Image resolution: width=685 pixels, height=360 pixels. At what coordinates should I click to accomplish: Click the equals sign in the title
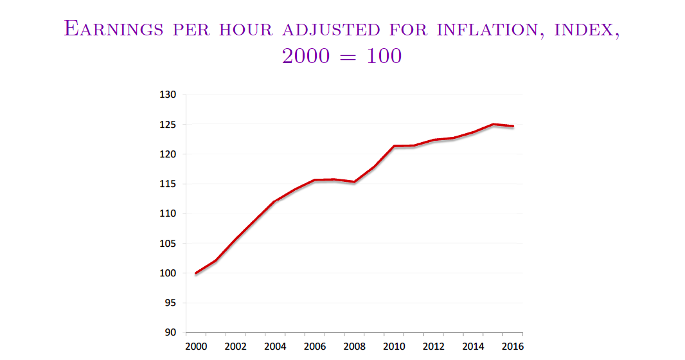click(x=342, y=57)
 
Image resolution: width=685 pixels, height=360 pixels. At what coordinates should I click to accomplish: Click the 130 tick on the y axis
click(x=168, y=95)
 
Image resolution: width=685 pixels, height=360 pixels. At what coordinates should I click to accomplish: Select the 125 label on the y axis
click(x=168, y=125)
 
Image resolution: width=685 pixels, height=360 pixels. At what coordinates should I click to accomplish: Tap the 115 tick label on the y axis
click(x=168, y=184)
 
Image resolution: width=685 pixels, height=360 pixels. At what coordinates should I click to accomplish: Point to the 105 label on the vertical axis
click(x=168, y=244)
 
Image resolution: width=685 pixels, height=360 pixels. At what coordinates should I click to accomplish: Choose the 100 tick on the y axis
click(x=168, y=273)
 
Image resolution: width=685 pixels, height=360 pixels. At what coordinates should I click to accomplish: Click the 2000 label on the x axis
click(x=195, y=347)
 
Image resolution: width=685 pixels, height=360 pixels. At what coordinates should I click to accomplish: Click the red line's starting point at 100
click(x=196, y=273)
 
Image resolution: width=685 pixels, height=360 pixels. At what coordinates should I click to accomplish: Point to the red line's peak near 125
click(x=493, y=124)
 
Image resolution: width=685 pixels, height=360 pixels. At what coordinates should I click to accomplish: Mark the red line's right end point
click(x=513, y=126)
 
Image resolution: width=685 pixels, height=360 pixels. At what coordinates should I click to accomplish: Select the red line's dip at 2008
click(x=354, y=182)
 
